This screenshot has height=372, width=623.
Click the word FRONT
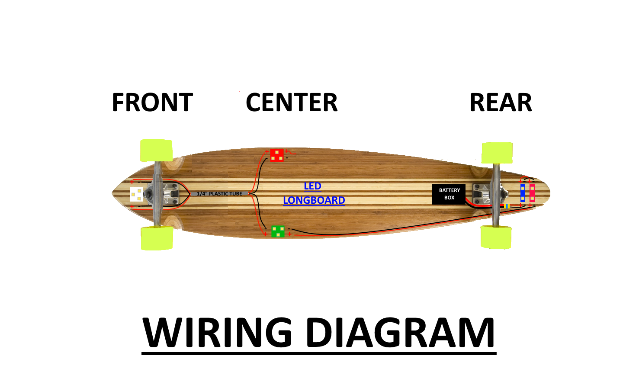[152, 103]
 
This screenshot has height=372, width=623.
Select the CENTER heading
[292, 103]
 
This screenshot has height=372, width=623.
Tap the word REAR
[501, 103]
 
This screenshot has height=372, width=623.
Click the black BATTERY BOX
[449, 194]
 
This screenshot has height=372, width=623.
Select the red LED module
[277, 155]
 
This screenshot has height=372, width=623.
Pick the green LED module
[278, 231]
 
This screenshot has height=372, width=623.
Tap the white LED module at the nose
[136, 194]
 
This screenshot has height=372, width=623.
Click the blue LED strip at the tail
[523, 193]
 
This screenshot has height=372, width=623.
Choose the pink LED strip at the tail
[532, 193]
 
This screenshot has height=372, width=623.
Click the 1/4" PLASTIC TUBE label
[219, 193]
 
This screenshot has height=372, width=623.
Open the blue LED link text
[312, 186]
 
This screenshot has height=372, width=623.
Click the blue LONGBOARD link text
[314, 200]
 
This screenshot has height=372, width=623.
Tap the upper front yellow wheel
[156, 151]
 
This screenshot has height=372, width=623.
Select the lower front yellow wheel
[157, 238]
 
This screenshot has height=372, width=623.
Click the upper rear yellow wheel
[497, 153]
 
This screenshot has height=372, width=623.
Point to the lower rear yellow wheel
[496, 237]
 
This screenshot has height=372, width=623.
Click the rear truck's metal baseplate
[482, 194]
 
